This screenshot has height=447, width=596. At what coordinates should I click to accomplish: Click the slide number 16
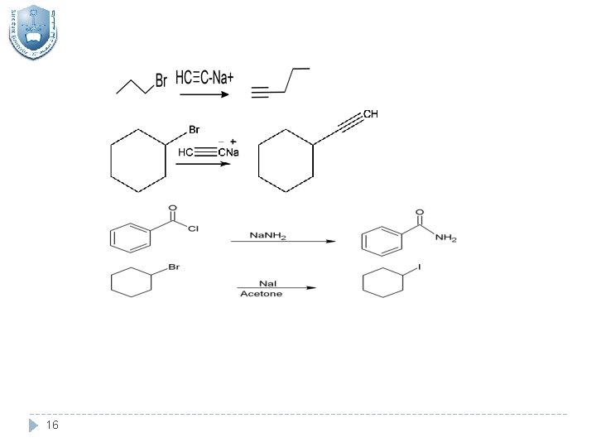(x=53, y=425)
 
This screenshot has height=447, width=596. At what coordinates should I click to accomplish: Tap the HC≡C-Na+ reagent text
(x=204, y=78)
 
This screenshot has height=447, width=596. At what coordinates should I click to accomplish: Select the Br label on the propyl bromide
(x=161, y=80)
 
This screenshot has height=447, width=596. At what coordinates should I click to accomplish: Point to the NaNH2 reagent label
(x=268, y=237)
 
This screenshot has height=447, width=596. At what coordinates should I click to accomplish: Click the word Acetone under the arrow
(x=261, y=294)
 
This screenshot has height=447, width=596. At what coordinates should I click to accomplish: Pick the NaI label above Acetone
(x=267, y=283)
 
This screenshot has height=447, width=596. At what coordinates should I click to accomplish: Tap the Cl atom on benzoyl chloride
(x=193, y=229)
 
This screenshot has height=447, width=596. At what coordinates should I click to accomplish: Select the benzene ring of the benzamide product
(x=380, y=241)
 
